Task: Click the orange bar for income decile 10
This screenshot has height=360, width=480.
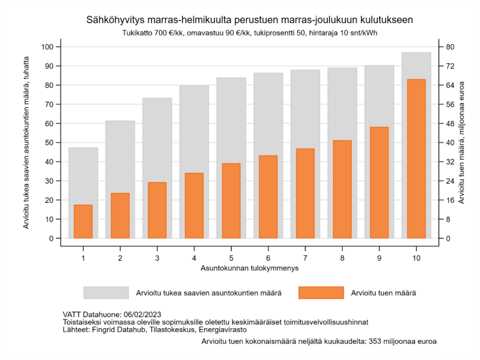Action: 416,159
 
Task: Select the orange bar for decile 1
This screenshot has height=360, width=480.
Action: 83,221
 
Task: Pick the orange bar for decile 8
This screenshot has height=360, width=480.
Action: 342,189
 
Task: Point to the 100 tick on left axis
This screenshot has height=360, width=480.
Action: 48,47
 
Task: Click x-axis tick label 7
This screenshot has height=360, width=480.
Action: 305,258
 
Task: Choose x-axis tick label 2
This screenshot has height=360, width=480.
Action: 120,258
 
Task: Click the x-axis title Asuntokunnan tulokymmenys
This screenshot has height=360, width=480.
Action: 250,269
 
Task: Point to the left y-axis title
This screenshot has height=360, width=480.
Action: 26,142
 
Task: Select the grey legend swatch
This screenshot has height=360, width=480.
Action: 106,293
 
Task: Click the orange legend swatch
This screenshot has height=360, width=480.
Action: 321,293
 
